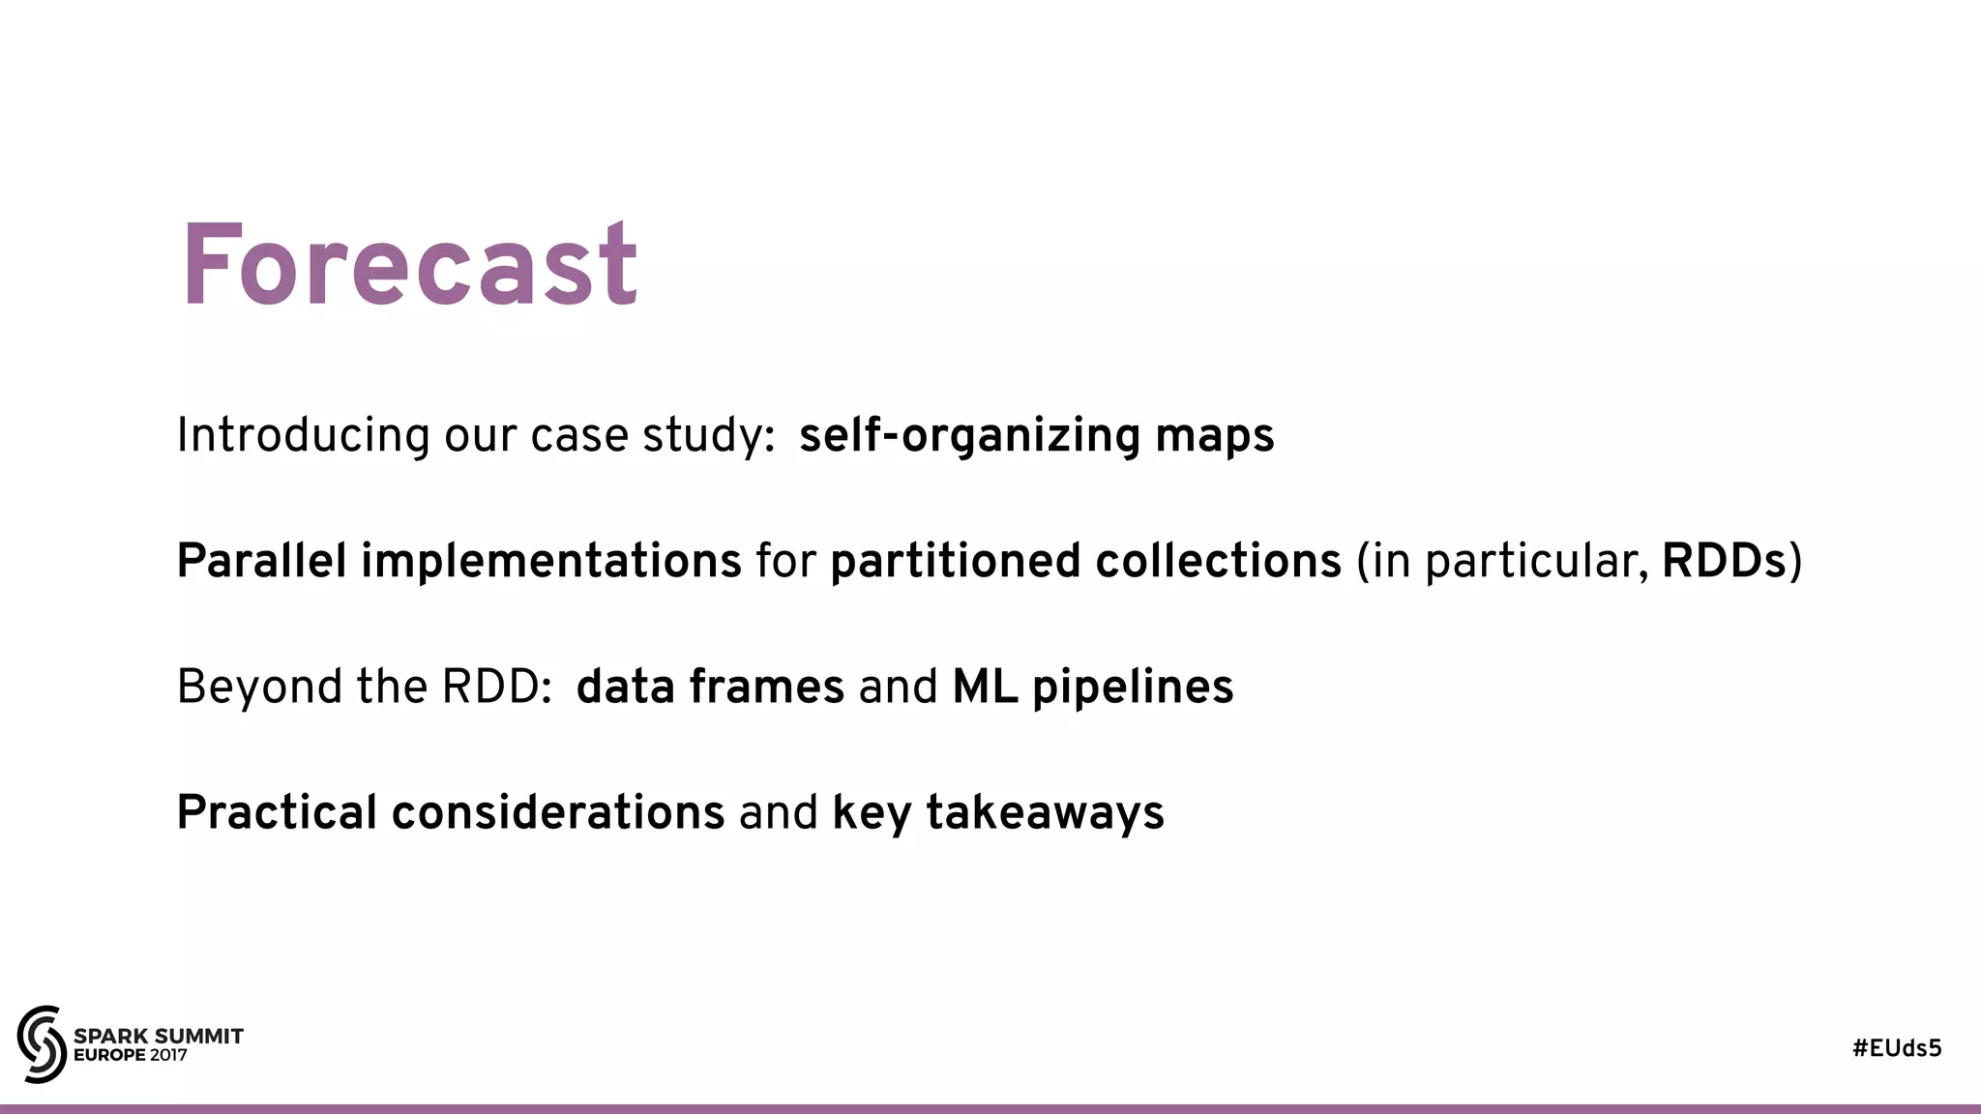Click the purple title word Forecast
click(408, 265)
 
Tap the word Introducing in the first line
click(303, 435)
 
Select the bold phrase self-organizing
click(969, 436)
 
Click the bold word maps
click(1215, 437)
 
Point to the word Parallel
click(261, 561)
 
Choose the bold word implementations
click(551, 561)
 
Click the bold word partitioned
click(955, 561)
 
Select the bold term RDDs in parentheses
click(1724, 561)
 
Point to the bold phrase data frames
click(710, 687)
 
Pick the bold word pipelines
click(1133, 688)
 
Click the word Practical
click(277, 812)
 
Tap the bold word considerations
click(558, 812)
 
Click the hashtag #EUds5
click(1897, 1048)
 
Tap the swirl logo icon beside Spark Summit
click(42, 1044)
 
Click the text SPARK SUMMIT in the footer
click(159, 1036)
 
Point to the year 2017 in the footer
click(168, 1055)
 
